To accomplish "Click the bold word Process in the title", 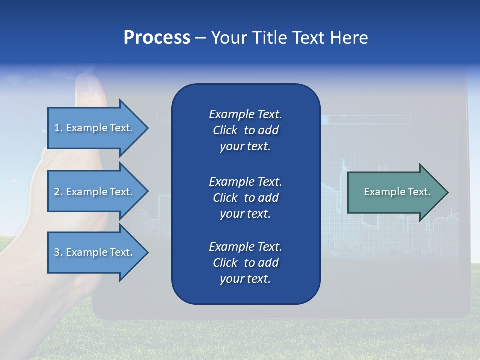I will [157, 38].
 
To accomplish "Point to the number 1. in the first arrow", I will [58, 128].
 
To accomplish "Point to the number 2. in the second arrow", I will [58, 192].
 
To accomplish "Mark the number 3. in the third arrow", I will [58, 252].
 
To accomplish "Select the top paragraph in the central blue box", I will [245, 130].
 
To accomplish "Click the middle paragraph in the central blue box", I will [245, 197].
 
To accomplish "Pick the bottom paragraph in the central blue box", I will [245, 263].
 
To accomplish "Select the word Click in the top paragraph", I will [225, 130].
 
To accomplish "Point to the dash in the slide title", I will [200, 38].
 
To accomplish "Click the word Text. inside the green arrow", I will [418, 192].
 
